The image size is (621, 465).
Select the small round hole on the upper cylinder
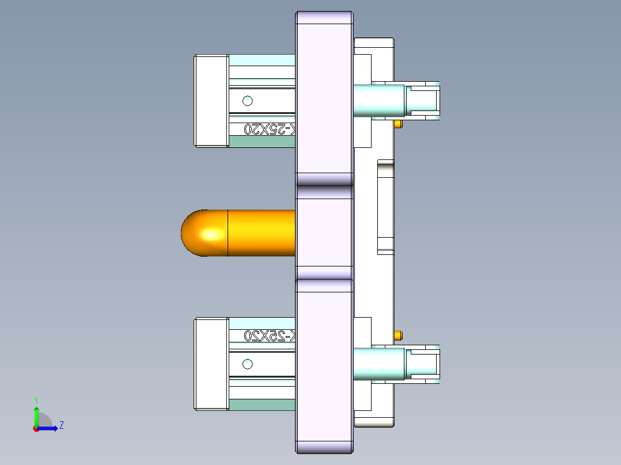pos(248,101)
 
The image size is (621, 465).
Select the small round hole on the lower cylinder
pos(248,364)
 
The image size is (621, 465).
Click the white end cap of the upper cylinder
pos(211,101)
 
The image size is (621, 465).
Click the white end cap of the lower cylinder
pos(211,364)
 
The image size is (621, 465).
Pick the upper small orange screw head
pos(398,124)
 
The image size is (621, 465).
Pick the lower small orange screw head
pos(398,335)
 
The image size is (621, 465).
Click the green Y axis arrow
pos(36,416)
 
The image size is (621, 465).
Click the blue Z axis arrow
pos(49,428)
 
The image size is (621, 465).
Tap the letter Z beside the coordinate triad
pos(61,425)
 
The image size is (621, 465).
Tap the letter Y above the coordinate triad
pos(36,400)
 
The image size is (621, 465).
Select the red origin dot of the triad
pos(36,429)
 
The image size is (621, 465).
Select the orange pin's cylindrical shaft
pos(262,232)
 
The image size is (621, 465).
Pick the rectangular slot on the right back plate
pos(385,207)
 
